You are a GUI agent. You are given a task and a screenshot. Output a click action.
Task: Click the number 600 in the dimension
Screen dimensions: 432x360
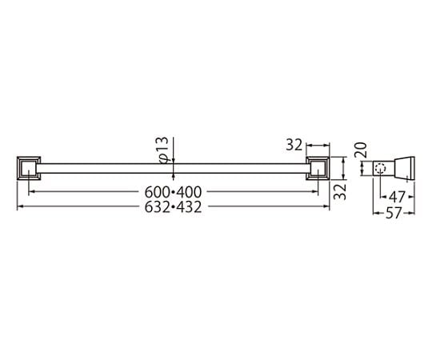pos(157,192)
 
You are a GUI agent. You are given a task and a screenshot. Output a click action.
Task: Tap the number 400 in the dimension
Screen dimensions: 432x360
pos(189,192)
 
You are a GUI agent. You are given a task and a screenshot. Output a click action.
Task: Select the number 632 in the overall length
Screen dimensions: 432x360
pos(157,207)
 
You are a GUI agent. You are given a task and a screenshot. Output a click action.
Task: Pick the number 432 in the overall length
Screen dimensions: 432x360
pos(189,207)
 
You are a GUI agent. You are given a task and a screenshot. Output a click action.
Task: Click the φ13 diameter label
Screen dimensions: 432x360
pos(163,150)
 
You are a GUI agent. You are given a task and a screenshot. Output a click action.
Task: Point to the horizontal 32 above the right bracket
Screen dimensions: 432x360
pos(294,145)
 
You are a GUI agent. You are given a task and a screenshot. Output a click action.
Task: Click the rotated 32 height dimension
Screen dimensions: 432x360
pos(340,191)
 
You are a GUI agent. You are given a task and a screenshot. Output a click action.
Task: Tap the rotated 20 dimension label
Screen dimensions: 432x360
pos(361,150)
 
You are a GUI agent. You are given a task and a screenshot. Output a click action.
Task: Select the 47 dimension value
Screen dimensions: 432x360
pos(397,197)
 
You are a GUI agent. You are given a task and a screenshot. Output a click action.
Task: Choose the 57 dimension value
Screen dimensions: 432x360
pos(394,213)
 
